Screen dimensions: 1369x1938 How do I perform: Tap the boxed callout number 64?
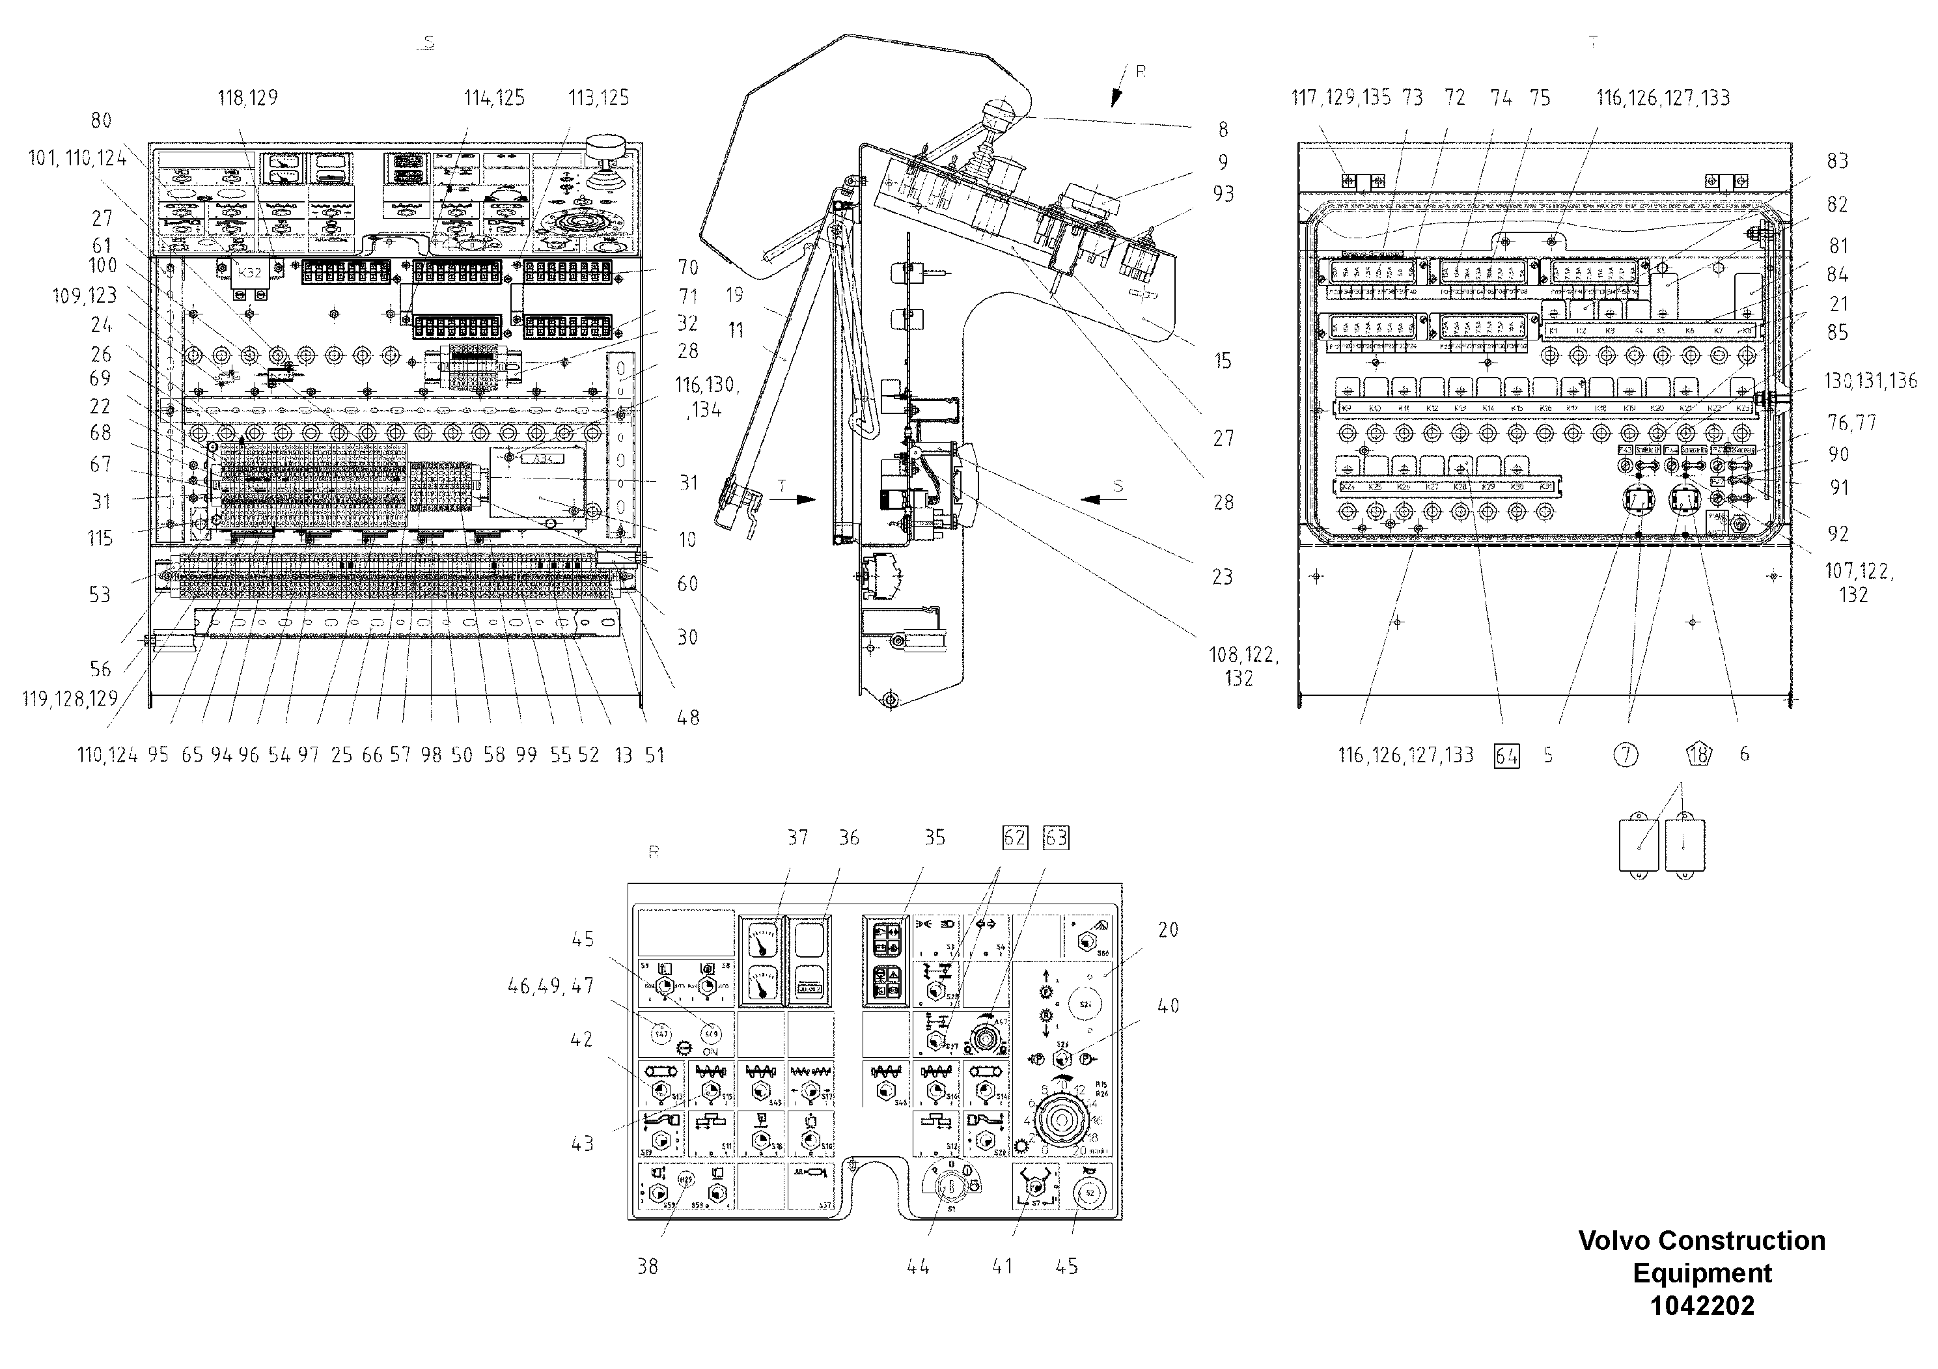[1506, 754]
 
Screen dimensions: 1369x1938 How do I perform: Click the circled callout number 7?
[1626, 754]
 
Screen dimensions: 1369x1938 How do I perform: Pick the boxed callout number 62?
[1015, 837]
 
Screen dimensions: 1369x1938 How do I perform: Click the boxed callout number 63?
[1056, 837]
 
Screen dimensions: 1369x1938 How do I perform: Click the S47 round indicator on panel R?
[662, 1033]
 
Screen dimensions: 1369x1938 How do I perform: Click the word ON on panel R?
[710, 1051]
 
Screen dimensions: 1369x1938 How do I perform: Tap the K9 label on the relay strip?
[1347, 409]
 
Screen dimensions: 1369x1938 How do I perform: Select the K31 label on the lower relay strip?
[1545, 487]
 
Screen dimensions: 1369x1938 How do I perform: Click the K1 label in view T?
[1553, 331]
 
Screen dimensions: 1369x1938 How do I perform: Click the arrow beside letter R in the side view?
[1118, 96]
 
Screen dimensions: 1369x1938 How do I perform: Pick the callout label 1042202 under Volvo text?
[1702, 1306]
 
